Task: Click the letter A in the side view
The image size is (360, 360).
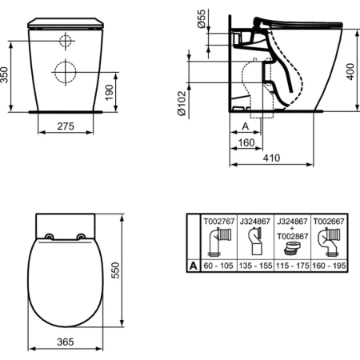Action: tap(245, 126)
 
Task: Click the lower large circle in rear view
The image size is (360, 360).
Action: tap(64, 70)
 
